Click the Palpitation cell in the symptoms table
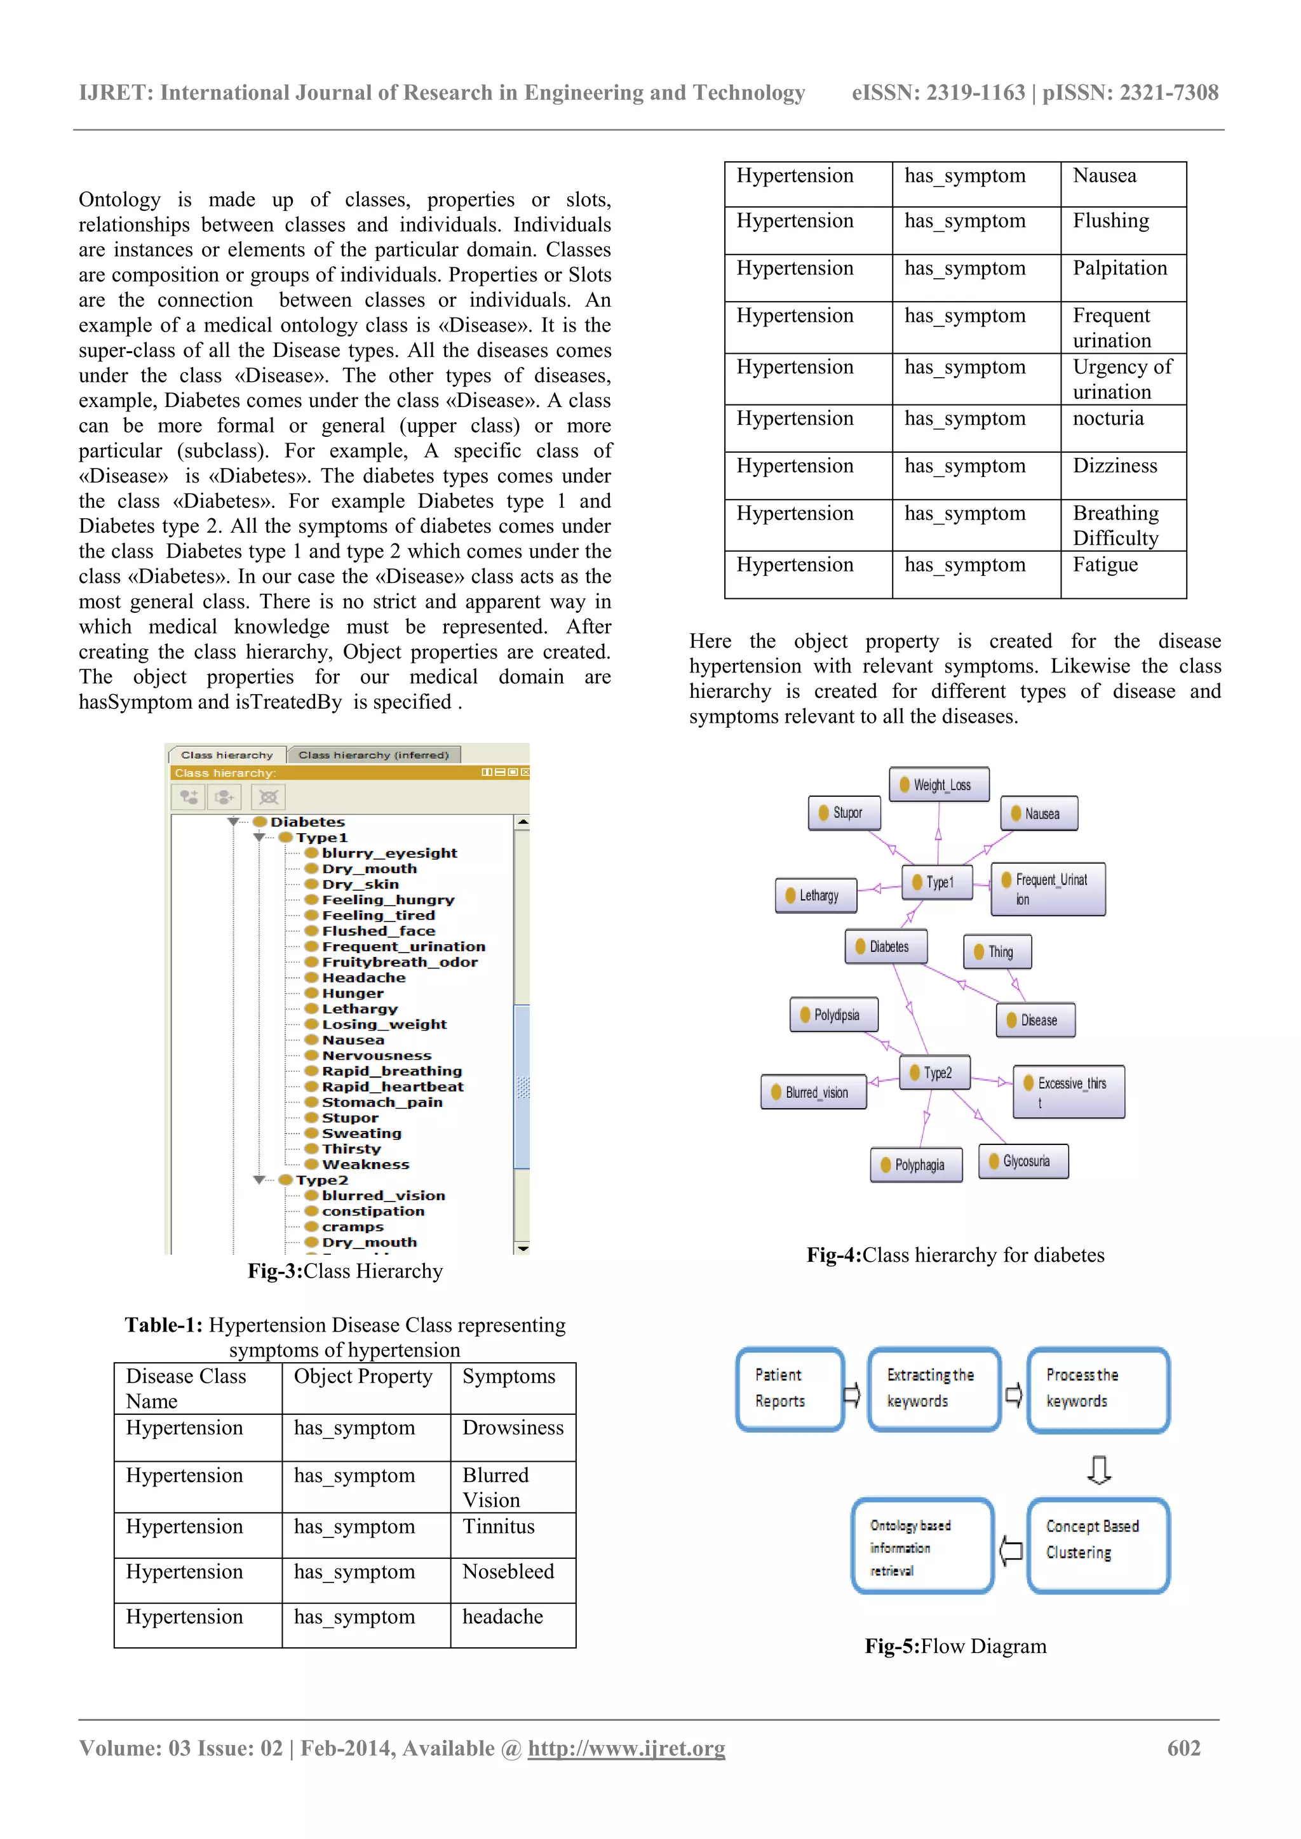pyautogui.click(x=1119, y=269)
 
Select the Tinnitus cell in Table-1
pyautogui.click(x=497, y=1527)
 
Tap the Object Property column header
pyautogui.click(x=363, y=1377)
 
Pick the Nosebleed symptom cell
pyautogui.click(x=508, y=1572)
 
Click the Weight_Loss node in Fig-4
pyautogui.click(x=938, y=785)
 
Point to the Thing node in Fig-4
pyautogui.click(x=997, y=951)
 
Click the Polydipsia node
pyautogui.click(x=833, y=1015)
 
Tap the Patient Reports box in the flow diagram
pyautogui.click(x=789, y=1389)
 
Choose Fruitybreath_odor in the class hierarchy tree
pyautogui.click(x=399, y=962)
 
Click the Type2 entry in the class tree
pyautogui.click(x=321, y=1180)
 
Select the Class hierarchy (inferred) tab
pyautogui.click(x=374, y=754)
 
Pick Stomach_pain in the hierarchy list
pyautogui.click(x=381, y=1102)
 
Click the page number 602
pyautogui.click(x=1183, y=1748)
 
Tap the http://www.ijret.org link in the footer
pyautogui.click(x=626, y=1748)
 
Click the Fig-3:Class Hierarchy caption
pyautogui.click(x=344, y=1271)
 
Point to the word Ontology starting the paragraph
pyautogui.click(x=119, y=199)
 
